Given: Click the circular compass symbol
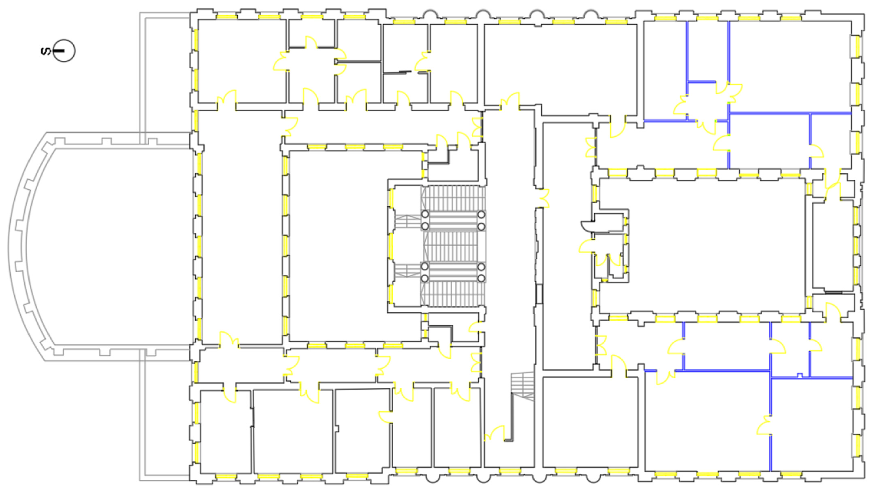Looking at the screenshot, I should point(64,51).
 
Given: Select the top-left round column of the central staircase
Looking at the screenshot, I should point(425,214).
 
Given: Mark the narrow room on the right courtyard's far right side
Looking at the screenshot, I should point(832,246).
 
